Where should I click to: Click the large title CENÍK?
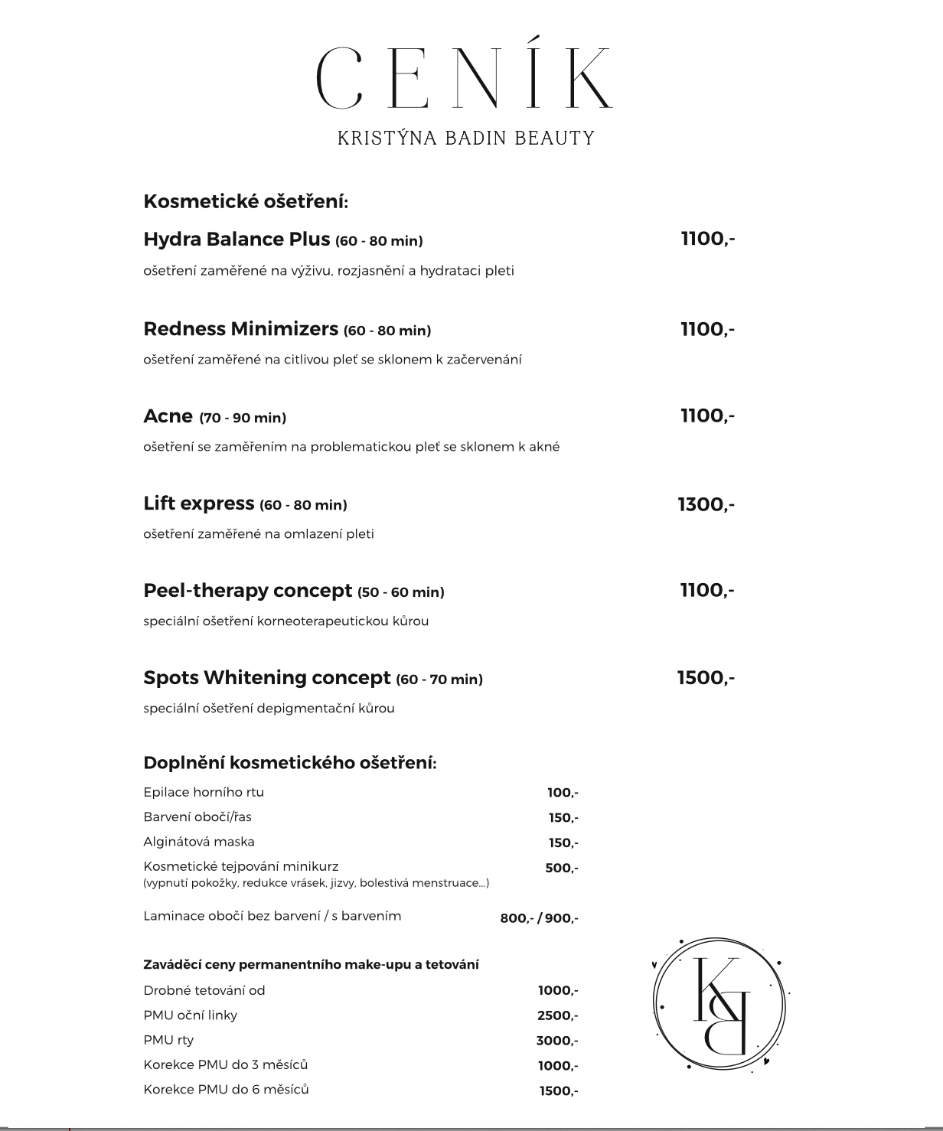click(465, 79)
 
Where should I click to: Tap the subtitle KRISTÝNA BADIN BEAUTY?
click(466, 138)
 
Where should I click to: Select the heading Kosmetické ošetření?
click(246, 202)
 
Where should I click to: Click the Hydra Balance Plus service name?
click(237, 240)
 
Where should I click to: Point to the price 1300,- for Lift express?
click(706, 504)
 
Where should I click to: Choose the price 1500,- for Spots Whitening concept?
click(706, 678)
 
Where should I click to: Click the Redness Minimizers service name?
click(240, 329)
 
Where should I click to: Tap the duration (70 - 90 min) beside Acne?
click(243, 418)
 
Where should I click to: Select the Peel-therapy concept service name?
click(247, 591)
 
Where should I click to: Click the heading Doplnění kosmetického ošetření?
click(290, 763)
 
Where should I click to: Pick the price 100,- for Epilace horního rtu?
click(563, 793)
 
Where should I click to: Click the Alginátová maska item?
click(198, 842)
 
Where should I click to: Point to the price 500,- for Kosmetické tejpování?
click(562, 868)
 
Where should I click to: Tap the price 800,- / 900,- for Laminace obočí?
click(539, 918)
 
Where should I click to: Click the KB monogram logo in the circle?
click(719, 1002)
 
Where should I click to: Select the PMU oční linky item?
click(190, 1015)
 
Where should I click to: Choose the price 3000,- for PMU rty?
click(557, 1041)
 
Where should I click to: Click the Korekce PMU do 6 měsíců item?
click(226, 1090)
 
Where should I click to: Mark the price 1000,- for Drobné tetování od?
click(558, 990)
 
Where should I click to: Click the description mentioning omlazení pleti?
click(259, 534)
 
